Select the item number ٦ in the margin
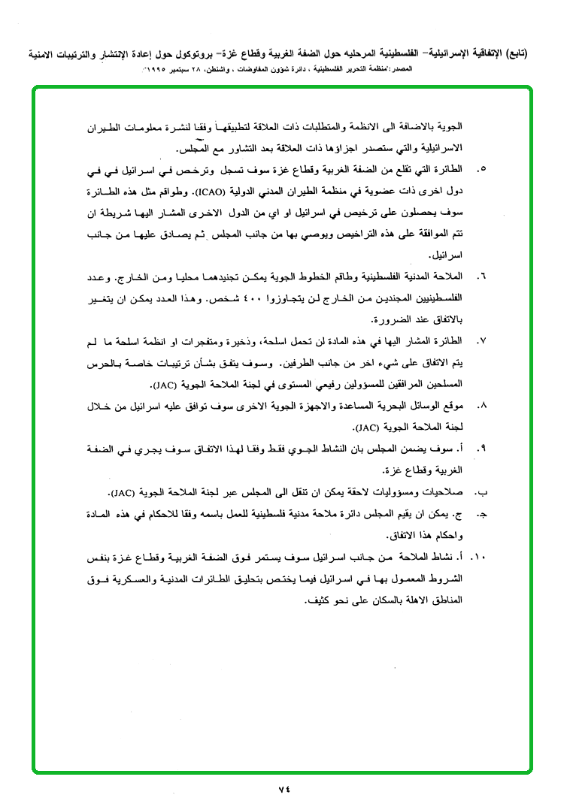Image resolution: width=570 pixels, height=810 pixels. pos(481,277)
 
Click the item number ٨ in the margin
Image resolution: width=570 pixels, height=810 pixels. pos(481,406)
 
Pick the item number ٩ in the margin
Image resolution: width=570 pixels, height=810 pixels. pos(481,449)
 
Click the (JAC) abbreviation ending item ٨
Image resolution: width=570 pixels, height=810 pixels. pos(371,428)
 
